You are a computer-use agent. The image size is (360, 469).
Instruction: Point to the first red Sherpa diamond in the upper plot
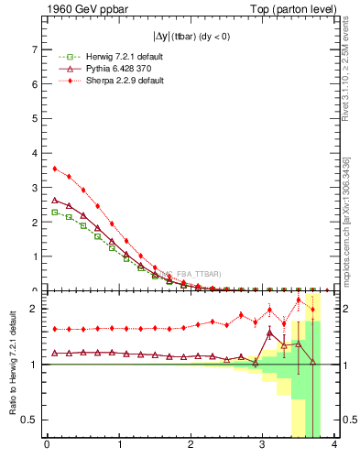(55, 169)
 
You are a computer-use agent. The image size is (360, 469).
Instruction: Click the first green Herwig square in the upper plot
(55, 213)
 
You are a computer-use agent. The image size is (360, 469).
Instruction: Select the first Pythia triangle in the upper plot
(55, 201)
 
